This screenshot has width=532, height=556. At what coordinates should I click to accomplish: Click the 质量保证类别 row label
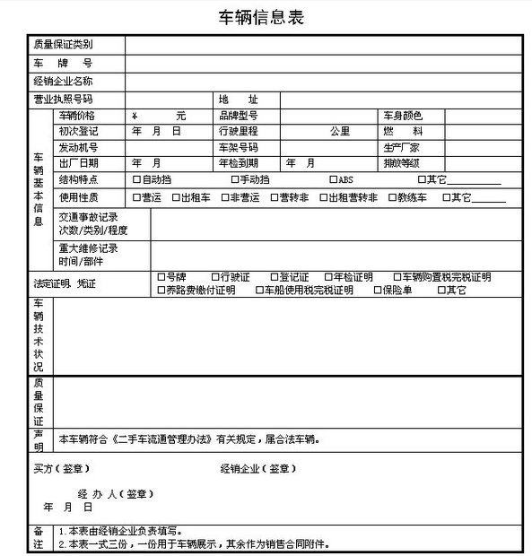64,44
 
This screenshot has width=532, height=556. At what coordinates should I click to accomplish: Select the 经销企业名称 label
64,81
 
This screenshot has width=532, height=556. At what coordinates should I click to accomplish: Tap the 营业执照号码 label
64,99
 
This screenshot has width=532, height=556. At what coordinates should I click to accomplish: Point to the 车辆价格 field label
77,116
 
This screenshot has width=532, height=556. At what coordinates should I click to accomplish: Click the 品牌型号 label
238,116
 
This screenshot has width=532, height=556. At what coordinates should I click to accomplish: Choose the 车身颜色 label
402,116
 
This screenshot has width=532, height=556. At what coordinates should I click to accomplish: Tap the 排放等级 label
401,163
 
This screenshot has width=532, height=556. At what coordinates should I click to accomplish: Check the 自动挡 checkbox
136,180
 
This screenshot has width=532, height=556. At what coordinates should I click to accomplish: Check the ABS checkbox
334,180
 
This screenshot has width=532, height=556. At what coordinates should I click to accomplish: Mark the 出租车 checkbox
175,197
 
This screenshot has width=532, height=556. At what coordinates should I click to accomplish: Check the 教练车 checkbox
393,197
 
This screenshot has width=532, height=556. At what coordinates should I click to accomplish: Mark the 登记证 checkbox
274,277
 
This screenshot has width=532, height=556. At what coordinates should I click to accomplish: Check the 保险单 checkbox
378,291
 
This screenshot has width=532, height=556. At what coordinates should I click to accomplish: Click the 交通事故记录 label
88,217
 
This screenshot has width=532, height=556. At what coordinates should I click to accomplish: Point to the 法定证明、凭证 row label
65,284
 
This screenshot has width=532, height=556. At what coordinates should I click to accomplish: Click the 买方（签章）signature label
62,468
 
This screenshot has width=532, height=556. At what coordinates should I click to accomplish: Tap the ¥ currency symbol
135,116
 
